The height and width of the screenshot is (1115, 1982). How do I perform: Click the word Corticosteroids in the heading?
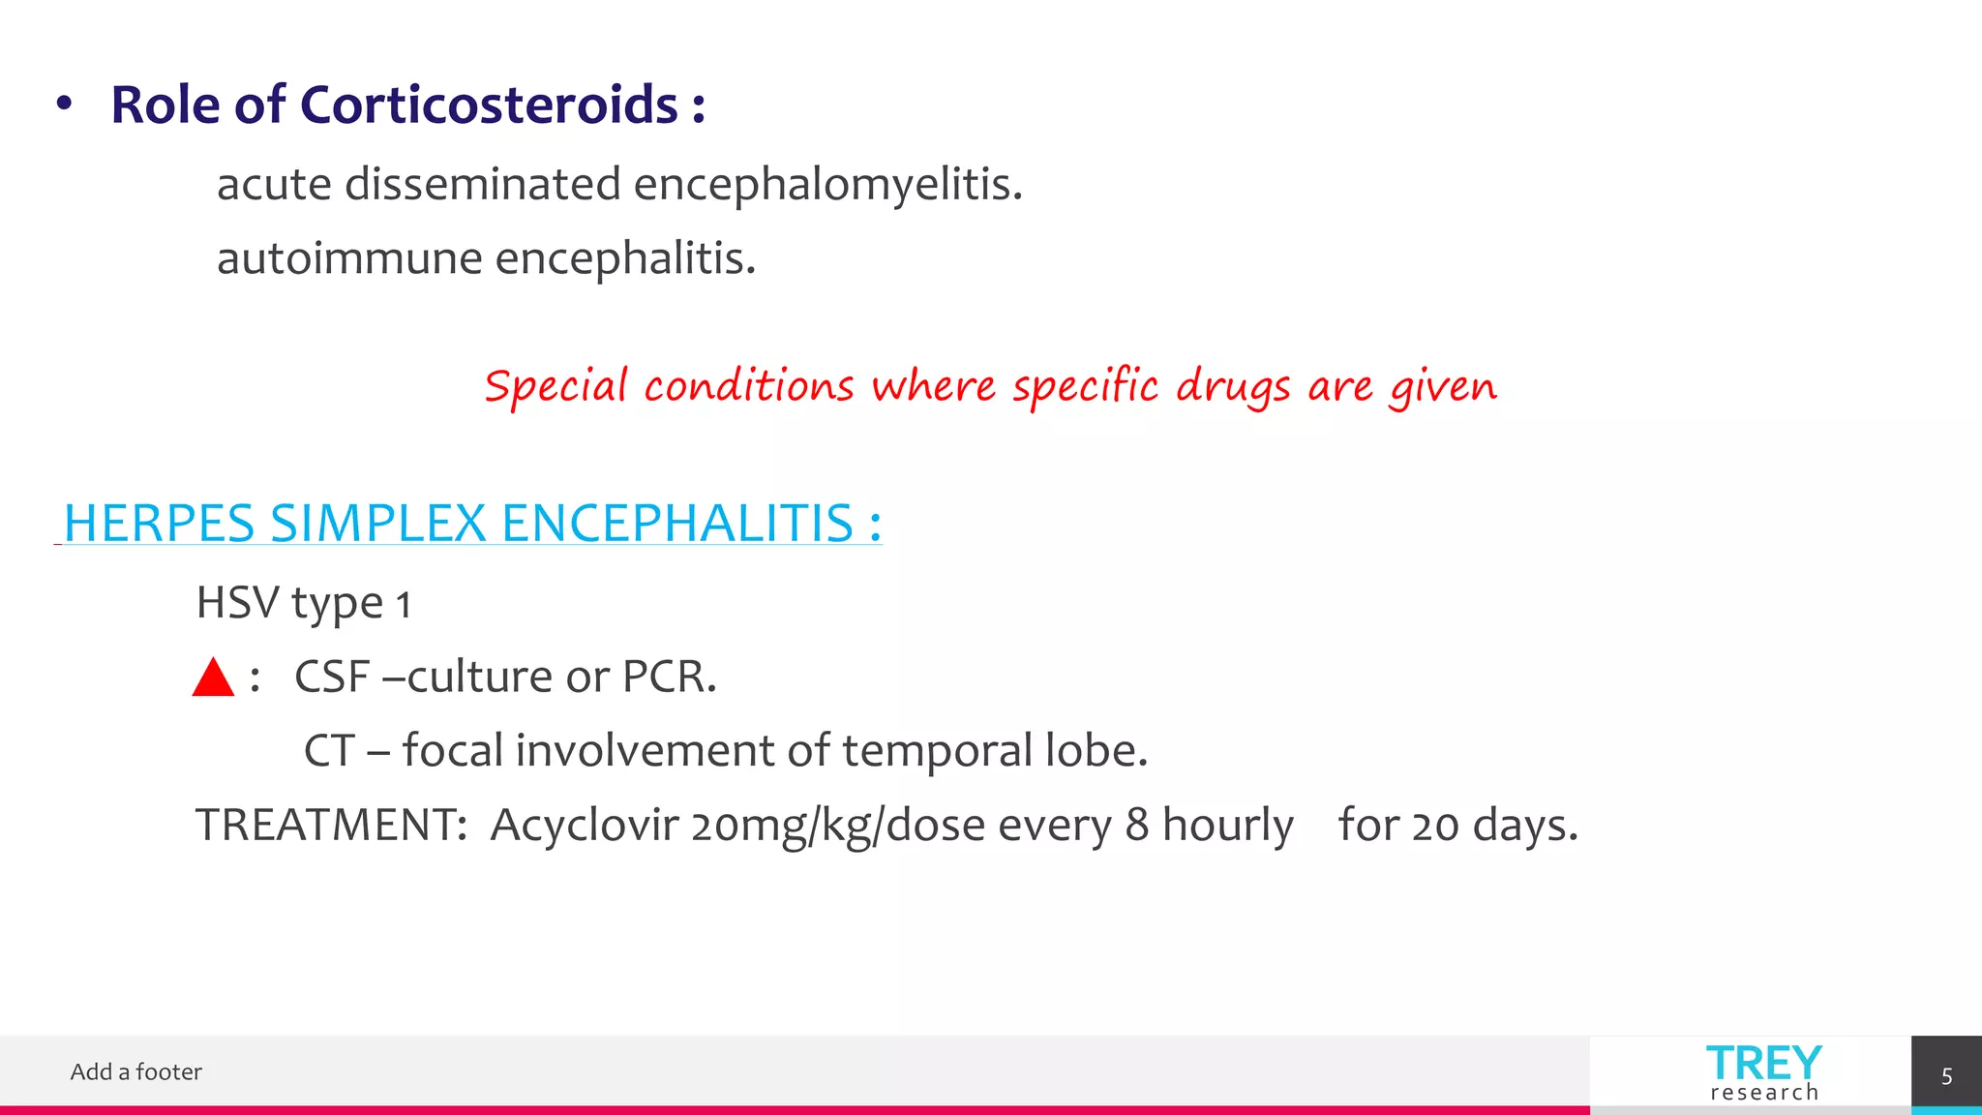pyautogui.click(x=489, y=105)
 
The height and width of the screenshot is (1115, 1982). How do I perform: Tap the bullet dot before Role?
pyautogui.click(x=64, y=104)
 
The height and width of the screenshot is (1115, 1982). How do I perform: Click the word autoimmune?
pyautogui.click(x=349, y=258)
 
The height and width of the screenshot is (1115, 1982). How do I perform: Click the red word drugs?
pyautogui.click(x=1233, y=387)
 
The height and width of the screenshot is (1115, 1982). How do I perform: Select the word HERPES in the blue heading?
pyautogui.click(x=159, y=524)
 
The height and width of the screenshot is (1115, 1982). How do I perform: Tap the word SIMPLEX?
pyautogui.click(x=377, y=524)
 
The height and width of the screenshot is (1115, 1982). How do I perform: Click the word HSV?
pyautogui.click(x=237, y=602)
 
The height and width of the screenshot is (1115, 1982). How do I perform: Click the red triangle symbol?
pyautogui.click(x=213, y=678)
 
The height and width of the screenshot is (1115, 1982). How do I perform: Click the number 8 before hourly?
pyautogui.click(x=1136, y=825)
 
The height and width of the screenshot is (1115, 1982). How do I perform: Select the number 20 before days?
pyautogui.click(x=1434, y=827)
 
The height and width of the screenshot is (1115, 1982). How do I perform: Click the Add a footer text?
pyautogui.click(x=136, y=1071)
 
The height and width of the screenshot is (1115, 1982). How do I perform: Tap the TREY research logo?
pyautogui.click(x=1763, y=1072)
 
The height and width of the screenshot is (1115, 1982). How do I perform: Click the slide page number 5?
pyautogui.click(x=1946, y=1076)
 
